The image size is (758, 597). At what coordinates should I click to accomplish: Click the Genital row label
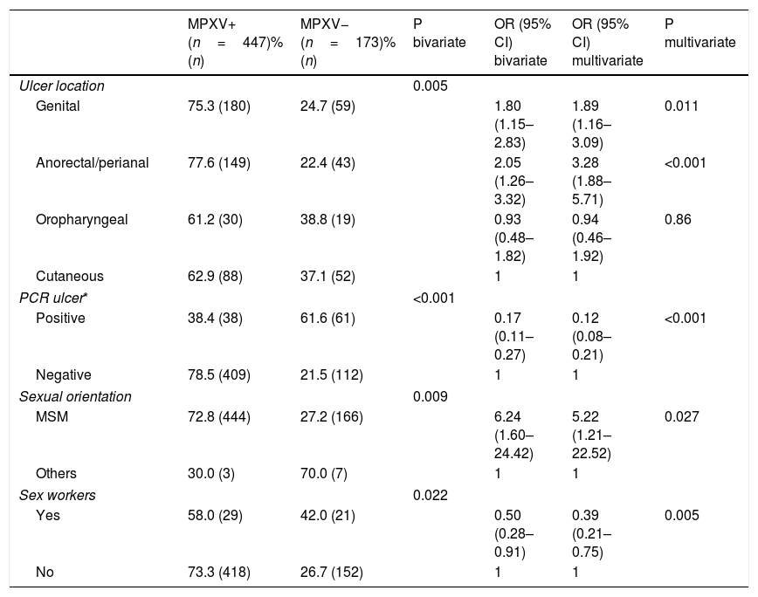(58, 106)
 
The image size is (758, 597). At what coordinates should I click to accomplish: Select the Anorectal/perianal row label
(93, 162)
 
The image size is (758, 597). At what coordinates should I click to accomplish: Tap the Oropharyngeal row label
(82, 220)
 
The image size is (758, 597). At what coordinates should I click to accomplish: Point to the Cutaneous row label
(70, 277)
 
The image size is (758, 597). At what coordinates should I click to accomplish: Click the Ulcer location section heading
(62, 86)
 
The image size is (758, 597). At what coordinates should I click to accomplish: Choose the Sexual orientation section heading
(75, 396)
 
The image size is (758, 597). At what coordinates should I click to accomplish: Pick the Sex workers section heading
(58, 495)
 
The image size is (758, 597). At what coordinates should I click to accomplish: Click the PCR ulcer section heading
(53, 298)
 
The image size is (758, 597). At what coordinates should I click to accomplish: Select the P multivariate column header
(700, 33)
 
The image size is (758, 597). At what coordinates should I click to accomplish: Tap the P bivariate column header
(439, 33)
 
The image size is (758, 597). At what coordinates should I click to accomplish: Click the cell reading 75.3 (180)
(219, 106)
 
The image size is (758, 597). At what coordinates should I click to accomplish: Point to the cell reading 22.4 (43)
(327, 162)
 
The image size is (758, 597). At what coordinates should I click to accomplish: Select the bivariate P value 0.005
(431, 86)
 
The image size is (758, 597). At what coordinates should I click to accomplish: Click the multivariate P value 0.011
(682, 106)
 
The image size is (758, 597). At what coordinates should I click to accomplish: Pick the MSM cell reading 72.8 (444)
(219, 416)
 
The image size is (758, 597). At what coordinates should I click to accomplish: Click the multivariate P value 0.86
(678, 219)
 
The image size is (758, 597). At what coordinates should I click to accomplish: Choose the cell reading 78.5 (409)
(219, 374)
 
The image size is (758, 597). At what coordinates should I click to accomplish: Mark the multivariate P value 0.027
(682, 416)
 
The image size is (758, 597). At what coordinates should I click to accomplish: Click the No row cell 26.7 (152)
(332, 572)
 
